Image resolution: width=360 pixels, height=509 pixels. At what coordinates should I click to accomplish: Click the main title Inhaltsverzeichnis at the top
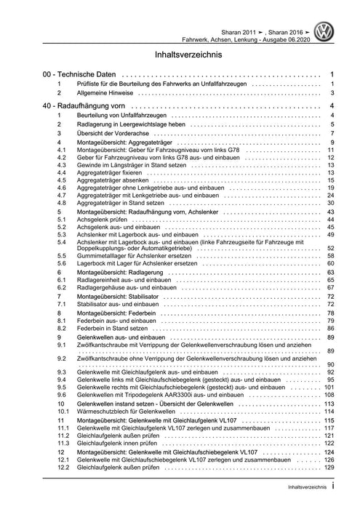[x=180, y=55]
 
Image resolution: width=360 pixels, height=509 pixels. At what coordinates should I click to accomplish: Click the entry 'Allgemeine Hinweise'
[x=107, y=93]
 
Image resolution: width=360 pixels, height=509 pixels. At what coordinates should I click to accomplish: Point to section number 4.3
[x=62, y=167]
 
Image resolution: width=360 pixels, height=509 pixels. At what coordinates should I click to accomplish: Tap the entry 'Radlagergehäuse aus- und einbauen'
[x=132, y=288]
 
